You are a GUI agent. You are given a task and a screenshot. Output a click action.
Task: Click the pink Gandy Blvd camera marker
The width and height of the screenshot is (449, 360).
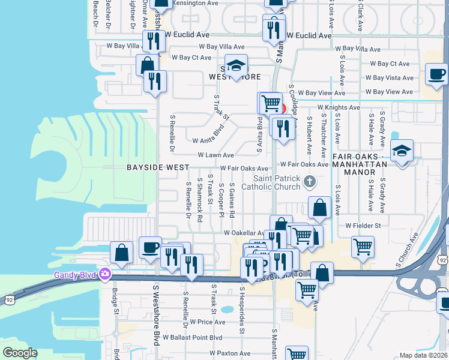click(x=106, y=274)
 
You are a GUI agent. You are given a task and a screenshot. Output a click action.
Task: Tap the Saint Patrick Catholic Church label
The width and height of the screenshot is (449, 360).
click(x=276, y=182)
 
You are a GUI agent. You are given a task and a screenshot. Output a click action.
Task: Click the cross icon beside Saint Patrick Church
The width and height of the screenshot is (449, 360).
click(x=309, y=181)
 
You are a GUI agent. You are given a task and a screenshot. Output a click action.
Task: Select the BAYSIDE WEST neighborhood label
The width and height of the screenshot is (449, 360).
click(x=150, y=169)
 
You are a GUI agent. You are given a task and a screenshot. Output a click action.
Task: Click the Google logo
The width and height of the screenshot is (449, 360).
click(x=20, y=353)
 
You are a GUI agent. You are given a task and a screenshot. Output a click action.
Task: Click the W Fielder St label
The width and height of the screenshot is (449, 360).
click(x=363, y=226)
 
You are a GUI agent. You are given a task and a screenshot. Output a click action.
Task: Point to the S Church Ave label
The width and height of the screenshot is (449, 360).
click(x=406, y=254)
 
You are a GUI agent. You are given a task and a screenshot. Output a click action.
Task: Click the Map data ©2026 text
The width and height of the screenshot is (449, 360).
click(x=423, y=355)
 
